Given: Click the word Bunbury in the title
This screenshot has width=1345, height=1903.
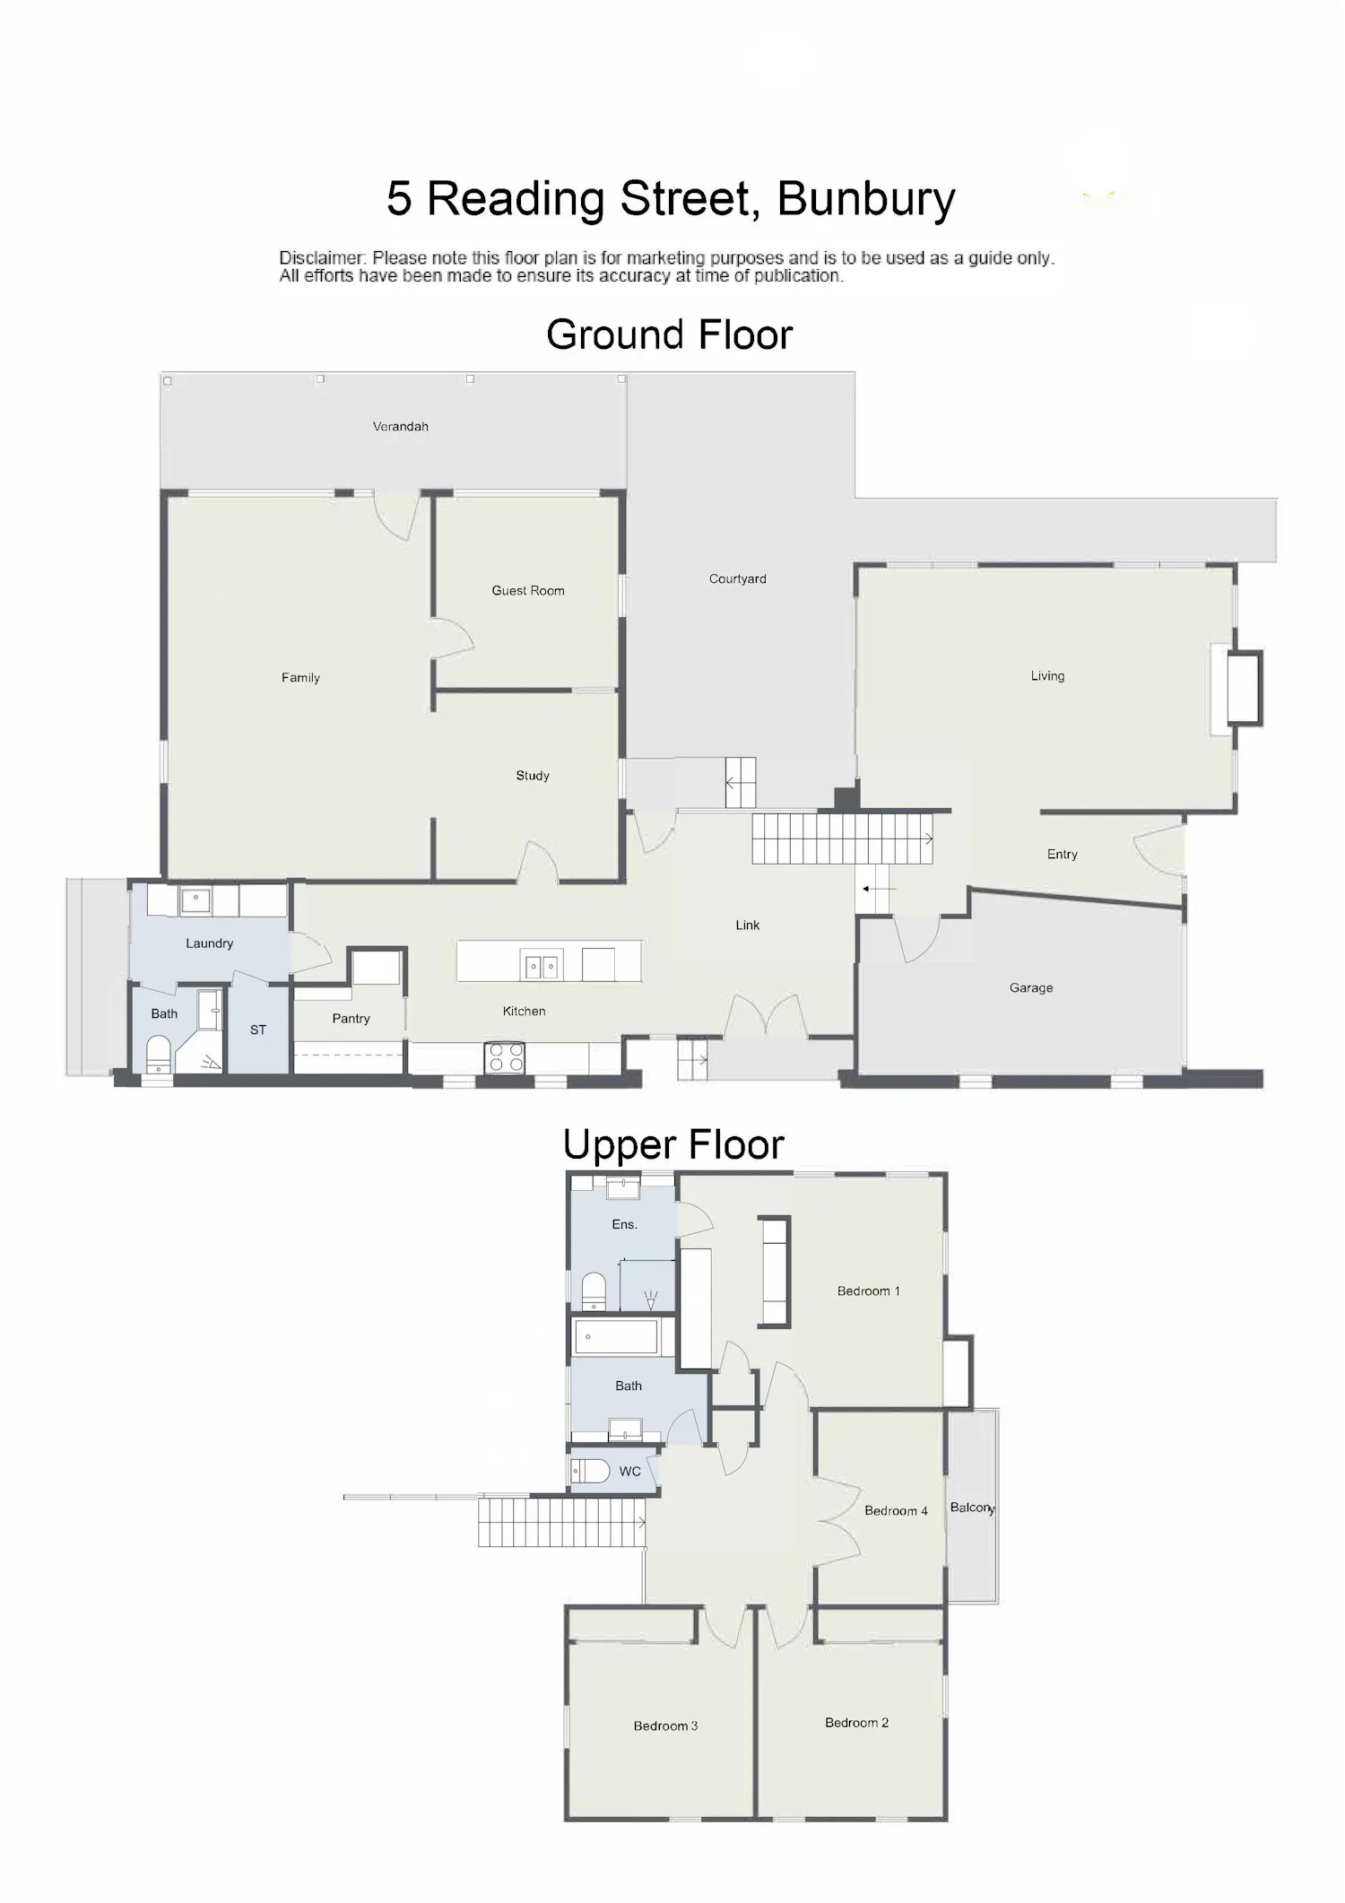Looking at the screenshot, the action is click(866, 199).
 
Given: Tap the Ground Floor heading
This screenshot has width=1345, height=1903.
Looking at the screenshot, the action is click(670, 335).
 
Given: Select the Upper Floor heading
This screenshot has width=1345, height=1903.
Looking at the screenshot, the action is click(673, 1144).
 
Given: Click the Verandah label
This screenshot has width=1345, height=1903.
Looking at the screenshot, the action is click(401, 427).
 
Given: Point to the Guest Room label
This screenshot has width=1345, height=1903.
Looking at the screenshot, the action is click(528, 591).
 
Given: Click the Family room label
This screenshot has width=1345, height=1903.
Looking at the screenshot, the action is click(300, 678).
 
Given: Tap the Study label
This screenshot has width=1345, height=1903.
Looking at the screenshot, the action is click(533, 776).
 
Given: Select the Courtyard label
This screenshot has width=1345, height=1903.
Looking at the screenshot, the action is click(738, 579).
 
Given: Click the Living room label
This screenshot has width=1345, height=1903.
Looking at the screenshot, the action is click(1047, 676).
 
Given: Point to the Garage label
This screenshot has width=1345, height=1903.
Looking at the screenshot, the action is click(1031, 988).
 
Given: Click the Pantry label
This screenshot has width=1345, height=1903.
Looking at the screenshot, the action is click(351, 1019).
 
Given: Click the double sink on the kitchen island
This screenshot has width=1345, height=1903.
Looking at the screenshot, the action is click(541, 966).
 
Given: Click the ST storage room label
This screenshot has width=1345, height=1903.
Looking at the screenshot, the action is click(258, 1030).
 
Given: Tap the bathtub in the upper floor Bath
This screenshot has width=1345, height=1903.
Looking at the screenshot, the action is click(616, 1336).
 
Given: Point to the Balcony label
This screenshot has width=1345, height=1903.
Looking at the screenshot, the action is click(973, 1508).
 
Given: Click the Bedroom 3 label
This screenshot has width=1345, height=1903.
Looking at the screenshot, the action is click(665, 1726).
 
